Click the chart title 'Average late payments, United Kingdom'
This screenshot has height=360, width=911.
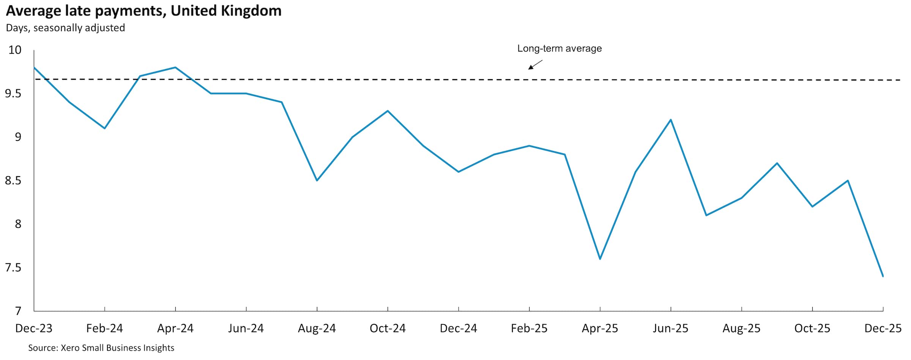pos(143,11)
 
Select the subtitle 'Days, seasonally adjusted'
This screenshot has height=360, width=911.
pos(65,28)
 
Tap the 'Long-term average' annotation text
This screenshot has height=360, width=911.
pos(559,49)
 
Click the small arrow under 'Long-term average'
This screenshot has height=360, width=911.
pos(535,65)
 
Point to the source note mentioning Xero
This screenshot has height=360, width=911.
pos(101,348)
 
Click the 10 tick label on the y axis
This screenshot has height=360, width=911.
pos(15,50)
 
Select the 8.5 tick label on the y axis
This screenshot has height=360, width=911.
pos(13,181)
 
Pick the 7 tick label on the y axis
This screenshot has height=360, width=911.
pos(18,311)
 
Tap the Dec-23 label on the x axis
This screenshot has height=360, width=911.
pos(33,328)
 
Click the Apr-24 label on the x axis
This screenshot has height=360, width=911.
pos(175,328)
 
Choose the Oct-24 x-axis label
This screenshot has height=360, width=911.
pos(388,328)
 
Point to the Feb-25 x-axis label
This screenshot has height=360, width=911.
pos(529,328)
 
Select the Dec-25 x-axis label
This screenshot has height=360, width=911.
pos(883,328)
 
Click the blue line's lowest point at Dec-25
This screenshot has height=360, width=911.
pos(883,276)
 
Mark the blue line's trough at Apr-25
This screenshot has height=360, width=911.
pos(600,259)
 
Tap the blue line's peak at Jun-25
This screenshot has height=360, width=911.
pos(671,120)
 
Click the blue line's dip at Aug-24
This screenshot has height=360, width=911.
pos(317,180)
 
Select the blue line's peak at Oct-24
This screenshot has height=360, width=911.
pos(388,111)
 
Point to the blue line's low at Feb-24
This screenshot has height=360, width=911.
pos(104,128)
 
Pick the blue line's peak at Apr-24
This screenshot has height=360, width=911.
pos(175,68)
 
